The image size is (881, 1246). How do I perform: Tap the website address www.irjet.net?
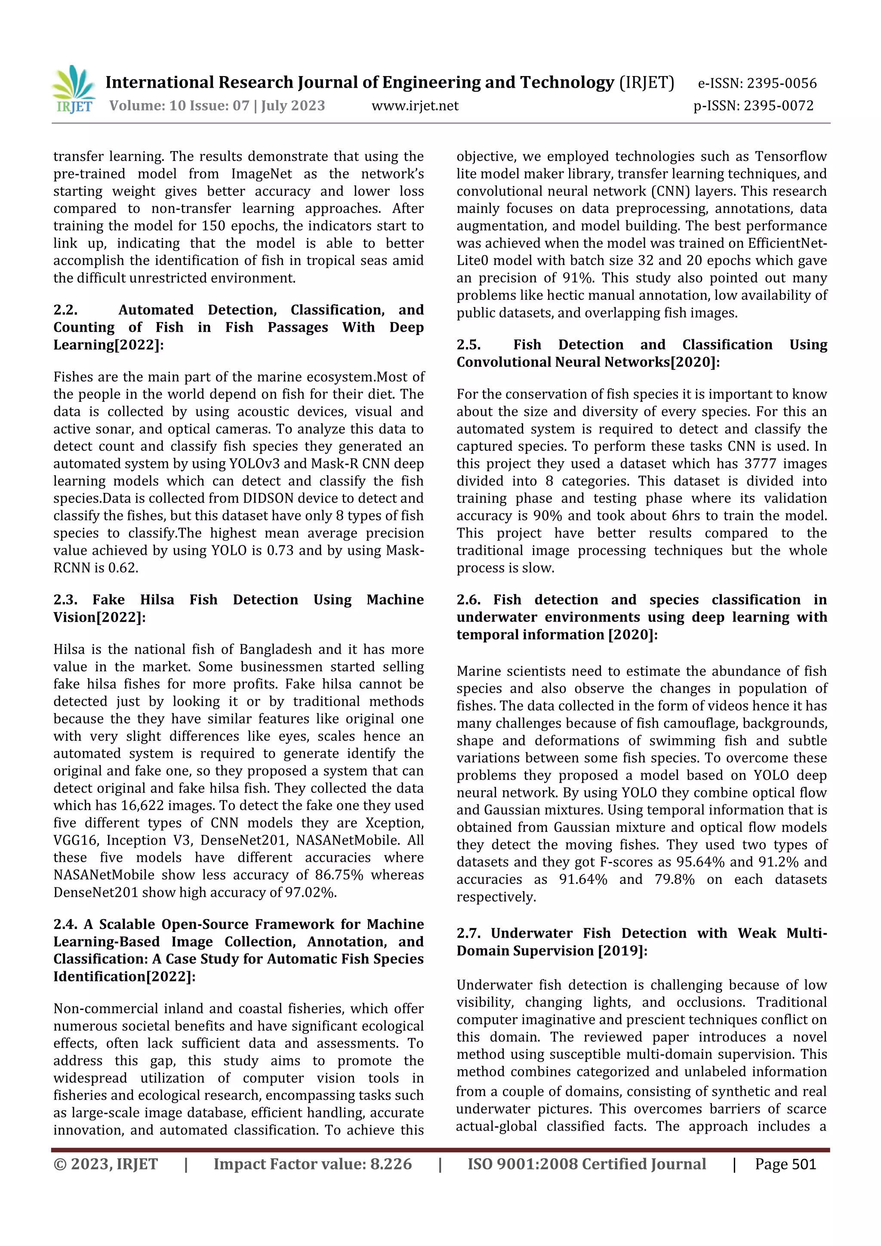click(415, 106)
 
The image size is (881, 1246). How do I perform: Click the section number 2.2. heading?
click(66, 310)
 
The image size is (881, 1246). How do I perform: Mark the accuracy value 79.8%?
click(674, 879)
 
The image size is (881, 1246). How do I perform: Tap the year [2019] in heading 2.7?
click(622, 951)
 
